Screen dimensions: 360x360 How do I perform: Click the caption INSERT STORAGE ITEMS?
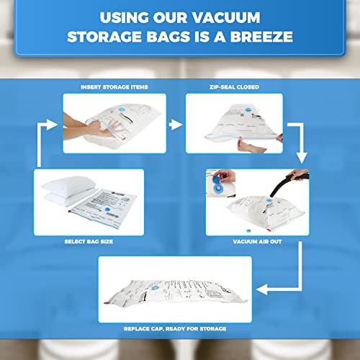(114, 86)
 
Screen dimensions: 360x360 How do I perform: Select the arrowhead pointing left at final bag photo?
(264, 292)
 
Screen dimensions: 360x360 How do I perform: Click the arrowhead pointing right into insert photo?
(55, 124)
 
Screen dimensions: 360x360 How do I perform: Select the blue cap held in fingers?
(222, 176)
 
